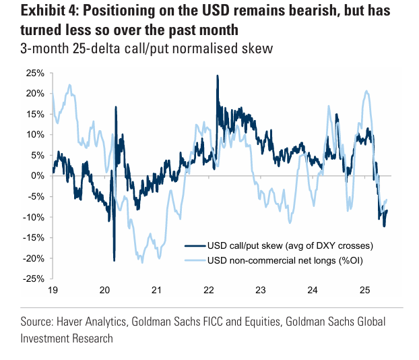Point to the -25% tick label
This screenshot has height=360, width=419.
(34, 278)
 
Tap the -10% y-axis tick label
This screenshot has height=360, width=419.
(34, 216)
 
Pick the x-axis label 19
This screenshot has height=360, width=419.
(53, 291)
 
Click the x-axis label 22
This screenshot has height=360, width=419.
(209, 291)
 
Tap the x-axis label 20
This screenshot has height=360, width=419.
(105, 291)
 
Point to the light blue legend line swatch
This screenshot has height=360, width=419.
(196, 261)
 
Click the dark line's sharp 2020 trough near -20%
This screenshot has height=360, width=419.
(114, 260)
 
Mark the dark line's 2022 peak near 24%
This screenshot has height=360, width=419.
(217, 76)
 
